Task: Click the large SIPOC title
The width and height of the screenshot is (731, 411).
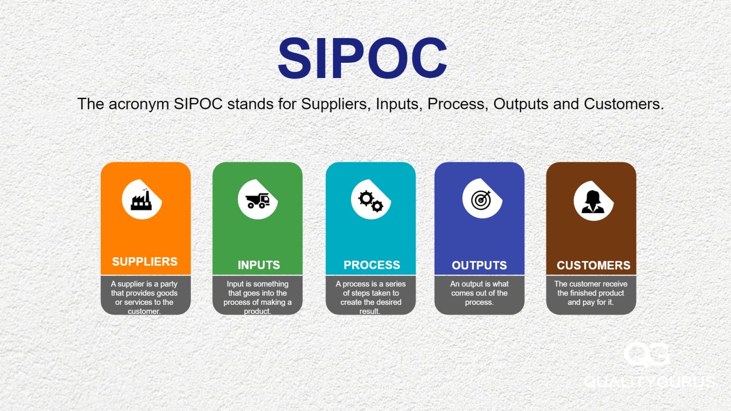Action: [362, 59]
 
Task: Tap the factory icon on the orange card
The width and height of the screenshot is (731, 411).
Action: [141, 200]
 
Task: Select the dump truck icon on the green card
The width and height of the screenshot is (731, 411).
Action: [257, 200]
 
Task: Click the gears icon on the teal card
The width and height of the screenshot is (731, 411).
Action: [371, 200]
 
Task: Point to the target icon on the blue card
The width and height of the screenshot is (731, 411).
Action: [481, 199]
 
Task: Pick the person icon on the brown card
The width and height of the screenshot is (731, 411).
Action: [593, 201]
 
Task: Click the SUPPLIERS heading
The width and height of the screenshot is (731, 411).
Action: [145, 262]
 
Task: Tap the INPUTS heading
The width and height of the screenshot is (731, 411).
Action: [259, 265]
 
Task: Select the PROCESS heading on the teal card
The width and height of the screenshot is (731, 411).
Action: [372, 265]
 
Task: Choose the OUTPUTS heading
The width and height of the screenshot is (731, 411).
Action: [479, 265]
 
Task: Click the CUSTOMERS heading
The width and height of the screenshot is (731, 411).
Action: [593, 265]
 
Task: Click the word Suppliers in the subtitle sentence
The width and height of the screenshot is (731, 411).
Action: [335, 104]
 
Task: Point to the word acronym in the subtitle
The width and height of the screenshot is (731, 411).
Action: [139, 104]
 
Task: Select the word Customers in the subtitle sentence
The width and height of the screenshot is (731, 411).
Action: [623, 104]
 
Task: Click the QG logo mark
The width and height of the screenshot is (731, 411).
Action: [646, 355]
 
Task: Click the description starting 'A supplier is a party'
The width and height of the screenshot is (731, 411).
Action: [144, 297]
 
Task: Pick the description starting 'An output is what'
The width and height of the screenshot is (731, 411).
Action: [479, 293]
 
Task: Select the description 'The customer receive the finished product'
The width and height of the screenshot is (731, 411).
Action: [591, 293]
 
